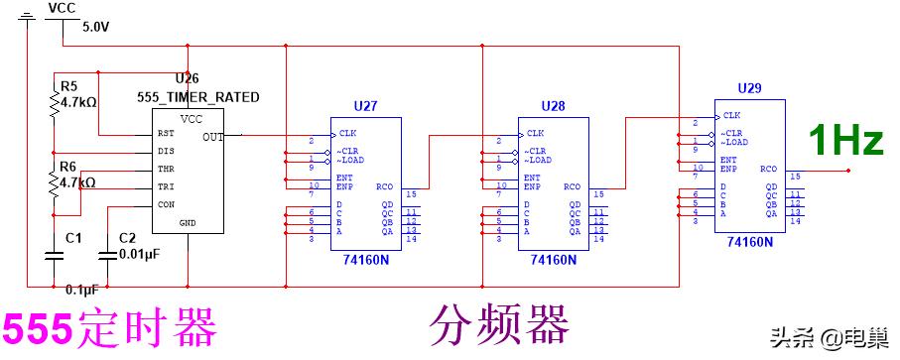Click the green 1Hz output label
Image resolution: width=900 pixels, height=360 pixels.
846,141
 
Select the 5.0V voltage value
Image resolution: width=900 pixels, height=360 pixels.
96,27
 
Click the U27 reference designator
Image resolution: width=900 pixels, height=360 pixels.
365,104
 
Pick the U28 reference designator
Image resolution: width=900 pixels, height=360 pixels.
553,104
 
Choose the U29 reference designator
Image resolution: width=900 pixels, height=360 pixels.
750,88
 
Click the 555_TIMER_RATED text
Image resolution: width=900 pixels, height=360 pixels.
198,97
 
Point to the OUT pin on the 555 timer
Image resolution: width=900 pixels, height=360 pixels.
213,136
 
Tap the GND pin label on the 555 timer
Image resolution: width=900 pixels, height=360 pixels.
189,223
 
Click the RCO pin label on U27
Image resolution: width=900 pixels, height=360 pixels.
384,185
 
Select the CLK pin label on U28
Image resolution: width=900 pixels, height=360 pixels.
536,133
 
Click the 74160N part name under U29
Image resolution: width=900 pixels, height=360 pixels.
750,241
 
